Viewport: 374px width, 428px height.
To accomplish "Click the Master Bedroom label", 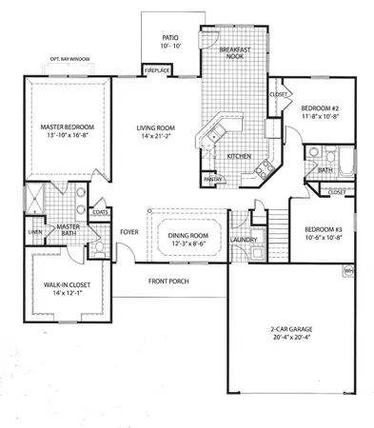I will [64, 126].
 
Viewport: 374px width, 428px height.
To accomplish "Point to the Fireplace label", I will [156, 70].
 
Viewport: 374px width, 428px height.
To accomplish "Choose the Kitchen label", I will [238, 156].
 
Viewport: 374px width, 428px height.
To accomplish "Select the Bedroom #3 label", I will [319, 230].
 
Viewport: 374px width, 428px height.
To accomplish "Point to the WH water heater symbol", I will [348, 270].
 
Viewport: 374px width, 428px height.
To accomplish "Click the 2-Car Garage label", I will [290, 329].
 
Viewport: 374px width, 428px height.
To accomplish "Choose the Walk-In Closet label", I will [66, 284].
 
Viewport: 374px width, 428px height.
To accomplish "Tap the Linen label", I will [34, 232].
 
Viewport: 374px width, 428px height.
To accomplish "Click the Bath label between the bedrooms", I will [325, 171].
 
